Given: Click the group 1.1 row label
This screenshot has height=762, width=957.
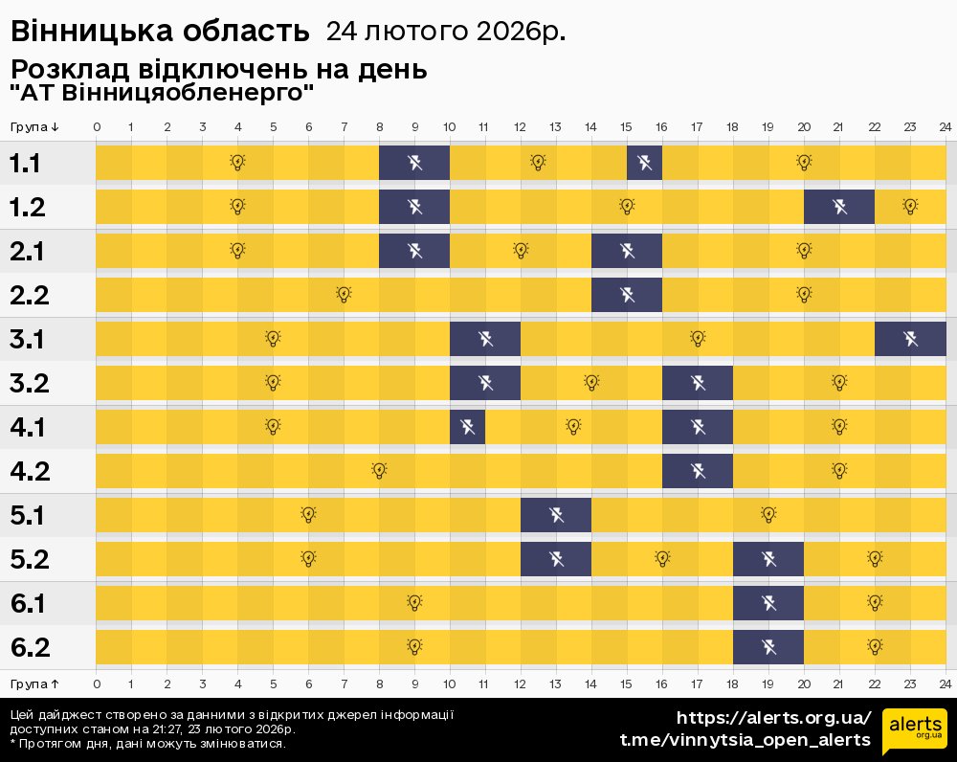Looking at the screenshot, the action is tap(25, 163).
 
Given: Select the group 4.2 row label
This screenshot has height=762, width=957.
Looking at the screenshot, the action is tap(30, 471).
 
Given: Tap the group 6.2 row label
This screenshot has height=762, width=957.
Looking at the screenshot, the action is tap(30, 647).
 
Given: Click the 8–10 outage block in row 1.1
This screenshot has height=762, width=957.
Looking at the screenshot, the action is tap(414, 163).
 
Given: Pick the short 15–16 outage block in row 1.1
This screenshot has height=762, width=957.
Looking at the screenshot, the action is tap(644, 163).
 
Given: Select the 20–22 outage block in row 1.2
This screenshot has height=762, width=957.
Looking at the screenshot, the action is tap(839, 207).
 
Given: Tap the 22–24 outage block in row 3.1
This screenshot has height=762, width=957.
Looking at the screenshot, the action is tap(910, 339).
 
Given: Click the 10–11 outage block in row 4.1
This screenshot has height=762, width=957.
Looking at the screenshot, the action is tap(468, 427).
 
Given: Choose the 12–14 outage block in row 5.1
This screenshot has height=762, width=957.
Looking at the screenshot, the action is tap(556, 515).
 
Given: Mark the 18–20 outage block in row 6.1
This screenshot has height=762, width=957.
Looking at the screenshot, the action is tap(768, 603).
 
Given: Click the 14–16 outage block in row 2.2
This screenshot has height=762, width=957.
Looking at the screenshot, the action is tap(627, 295).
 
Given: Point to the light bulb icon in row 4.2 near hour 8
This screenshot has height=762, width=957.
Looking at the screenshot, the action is tap(379, 470).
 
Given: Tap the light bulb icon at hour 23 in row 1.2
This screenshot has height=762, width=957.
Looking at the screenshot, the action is tap(910, 207).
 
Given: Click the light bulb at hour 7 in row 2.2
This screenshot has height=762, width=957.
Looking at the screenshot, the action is tap(344, 294).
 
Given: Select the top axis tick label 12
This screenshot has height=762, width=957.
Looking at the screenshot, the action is tap(520, 127).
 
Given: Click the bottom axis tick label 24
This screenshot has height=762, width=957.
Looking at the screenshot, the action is tap(945, 684).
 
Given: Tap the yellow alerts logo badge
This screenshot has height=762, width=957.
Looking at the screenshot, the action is tap(915, 731).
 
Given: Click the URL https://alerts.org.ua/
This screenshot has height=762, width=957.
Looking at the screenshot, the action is tap(774, 717).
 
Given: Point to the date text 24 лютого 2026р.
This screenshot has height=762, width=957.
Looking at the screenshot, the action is tap(446, 32).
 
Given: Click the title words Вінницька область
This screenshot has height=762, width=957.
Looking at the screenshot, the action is tap(160, 32).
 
